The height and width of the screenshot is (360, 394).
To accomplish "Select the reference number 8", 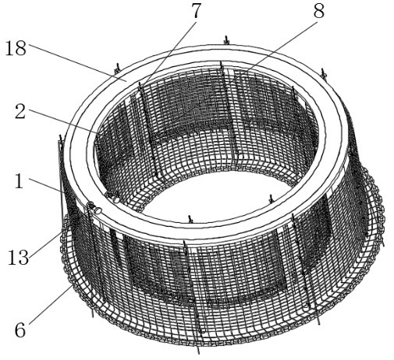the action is point(319,11).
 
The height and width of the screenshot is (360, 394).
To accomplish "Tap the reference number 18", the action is point(16,48).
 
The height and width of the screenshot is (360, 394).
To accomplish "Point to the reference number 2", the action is point(20,111).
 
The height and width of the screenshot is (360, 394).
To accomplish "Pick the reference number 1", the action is point(19,181).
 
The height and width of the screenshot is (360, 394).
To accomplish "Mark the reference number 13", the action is point(18,257).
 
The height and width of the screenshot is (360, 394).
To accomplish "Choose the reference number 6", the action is point(20,330).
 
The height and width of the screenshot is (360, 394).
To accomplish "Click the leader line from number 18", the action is point(78,62).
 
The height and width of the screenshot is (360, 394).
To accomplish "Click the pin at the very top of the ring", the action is point(226,41).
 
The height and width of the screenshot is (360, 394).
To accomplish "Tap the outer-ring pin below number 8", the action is point(324,73).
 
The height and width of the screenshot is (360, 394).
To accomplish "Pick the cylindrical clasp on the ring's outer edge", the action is point(94,209).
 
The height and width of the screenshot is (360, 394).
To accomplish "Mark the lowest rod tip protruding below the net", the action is point(198,351).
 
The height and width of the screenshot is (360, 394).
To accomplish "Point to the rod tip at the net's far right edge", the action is point(382,243).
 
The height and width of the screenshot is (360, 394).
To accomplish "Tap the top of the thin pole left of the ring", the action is point(61,136).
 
